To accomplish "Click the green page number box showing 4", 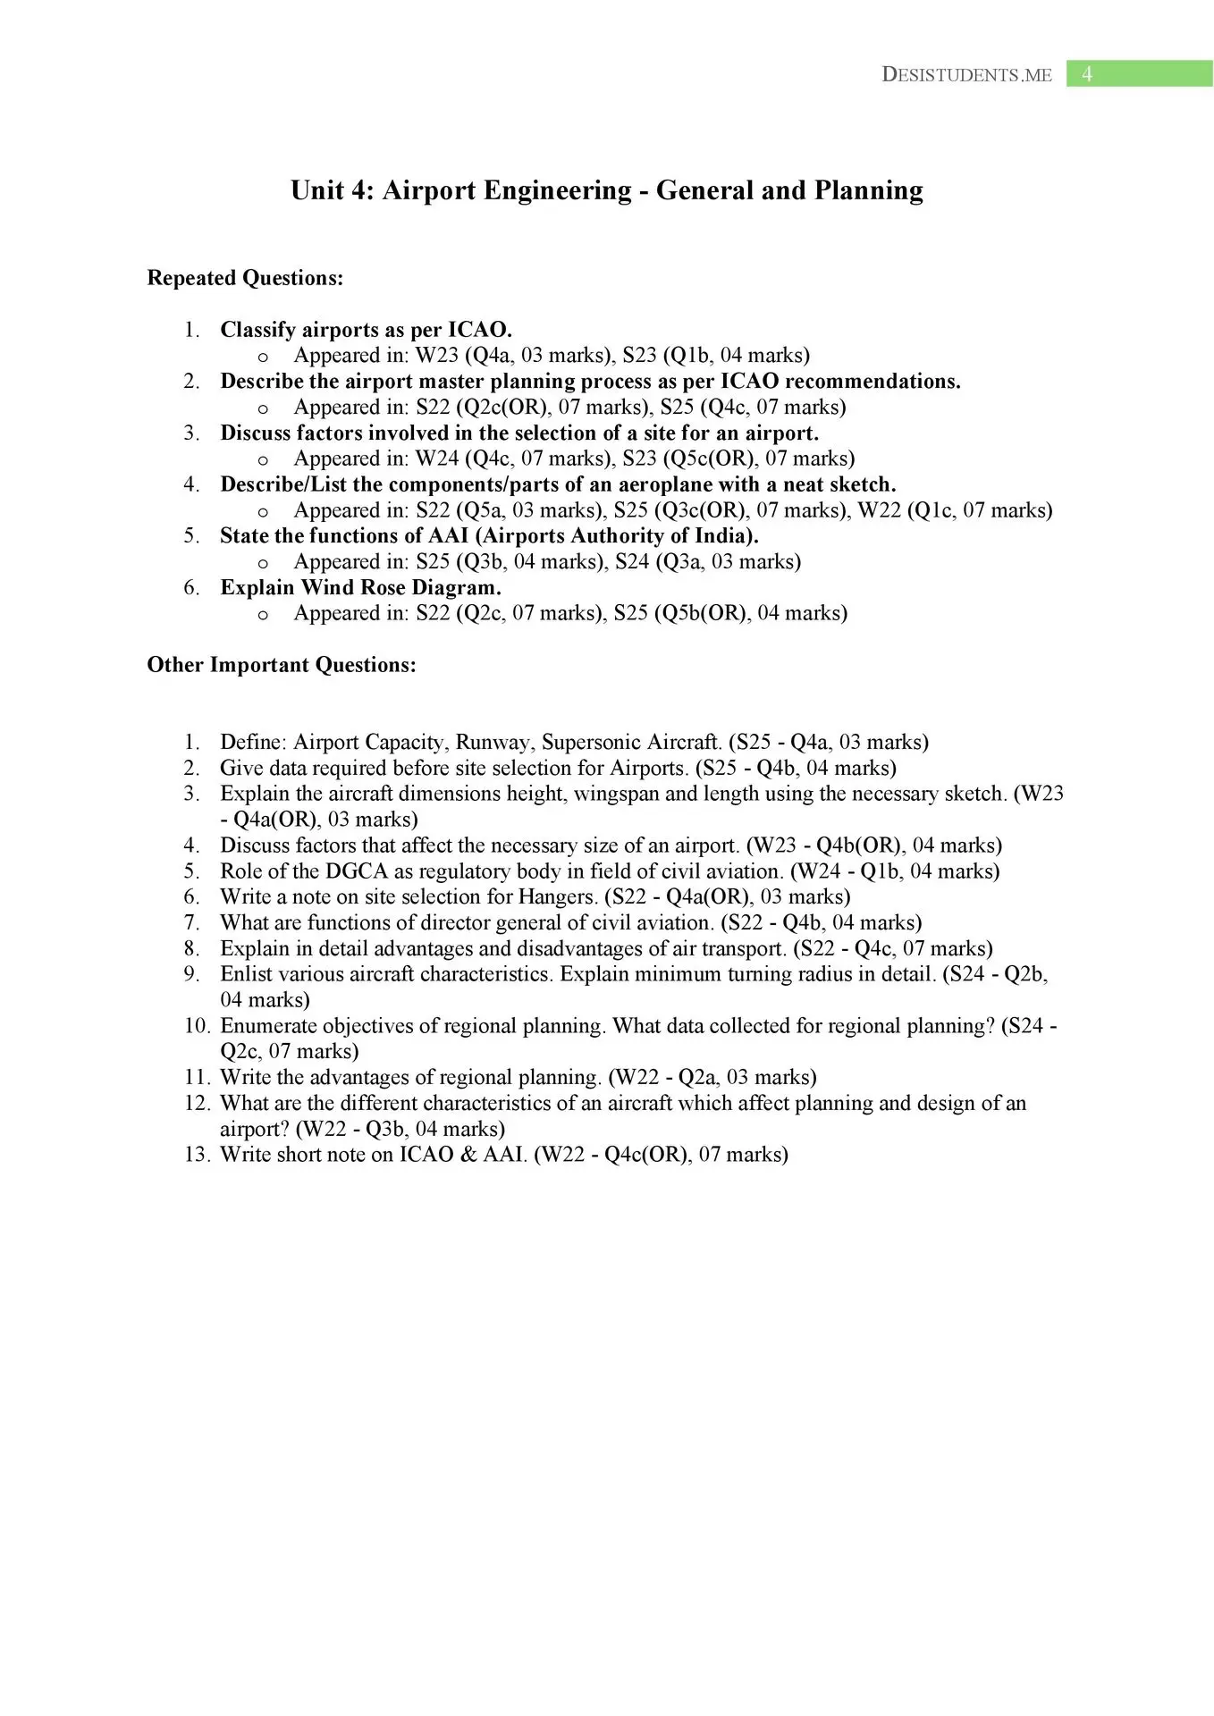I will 1138,74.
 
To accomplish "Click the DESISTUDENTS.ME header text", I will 966,75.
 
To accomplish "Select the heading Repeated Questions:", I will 245,278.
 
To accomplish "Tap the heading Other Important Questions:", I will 282,665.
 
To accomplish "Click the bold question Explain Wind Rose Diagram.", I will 360,587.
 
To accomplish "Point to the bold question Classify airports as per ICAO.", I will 366,330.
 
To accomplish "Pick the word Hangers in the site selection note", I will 558,896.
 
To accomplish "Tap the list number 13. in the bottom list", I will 197,1154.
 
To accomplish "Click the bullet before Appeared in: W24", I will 263,459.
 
